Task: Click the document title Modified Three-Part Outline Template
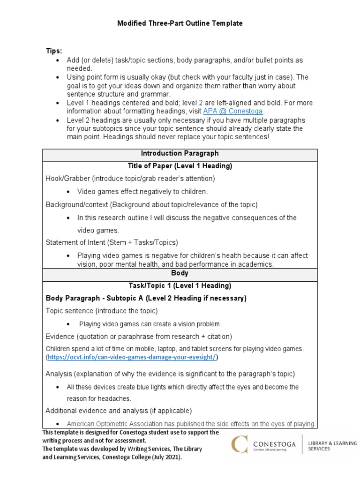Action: (180, 23)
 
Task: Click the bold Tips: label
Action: (53, 51)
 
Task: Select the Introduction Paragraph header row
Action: (180, 154)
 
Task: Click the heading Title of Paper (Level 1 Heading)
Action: (180, 166)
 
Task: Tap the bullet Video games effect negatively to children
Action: (142, 191)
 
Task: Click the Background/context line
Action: (151, 204)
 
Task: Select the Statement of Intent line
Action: (112, 242)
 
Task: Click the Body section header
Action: (180, 273)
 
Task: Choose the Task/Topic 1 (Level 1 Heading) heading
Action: (180, 285)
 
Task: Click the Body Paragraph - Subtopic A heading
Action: (146, 298)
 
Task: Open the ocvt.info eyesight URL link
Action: (132, 357)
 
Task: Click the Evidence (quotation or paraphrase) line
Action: (139, 337)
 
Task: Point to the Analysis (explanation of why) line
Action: (170, 374)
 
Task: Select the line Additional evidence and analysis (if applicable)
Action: (119, 411)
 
